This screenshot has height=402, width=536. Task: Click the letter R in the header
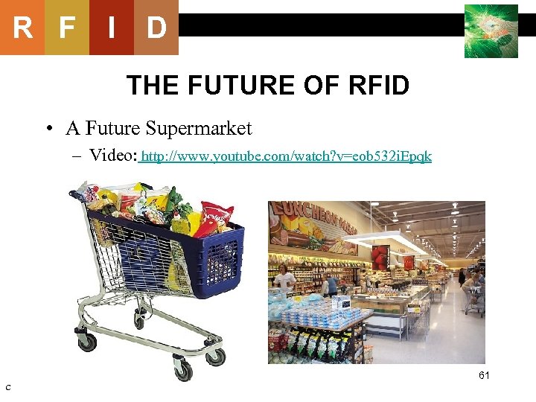click(x=22, y=28)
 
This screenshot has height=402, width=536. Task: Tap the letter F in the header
click(x=67, y=28)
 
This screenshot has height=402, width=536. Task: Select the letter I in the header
click(x=111, y=28)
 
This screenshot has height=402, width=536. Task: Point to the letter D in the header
click(x=156, y=28)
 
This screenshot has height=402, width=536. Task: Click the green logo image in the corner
click(x=491, y=31)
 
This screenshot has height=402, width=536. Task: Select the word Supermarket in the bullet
click(x=199, y=129)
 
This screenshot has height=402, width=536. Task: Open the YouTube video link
click(x=287, y=157)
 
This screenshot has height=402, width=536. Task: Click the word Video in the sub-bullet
click(x=112, y=156)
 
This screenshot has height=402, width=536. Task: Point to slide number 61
click(x=484, y=375)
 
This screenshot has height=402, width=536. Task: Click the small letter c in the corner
click(x=7, y=386)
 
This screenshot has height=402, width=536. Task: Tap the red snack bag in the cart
click(x=215, y=213)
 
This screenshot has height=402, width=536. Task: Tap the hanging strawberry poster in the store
click(x=380, y=258)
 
